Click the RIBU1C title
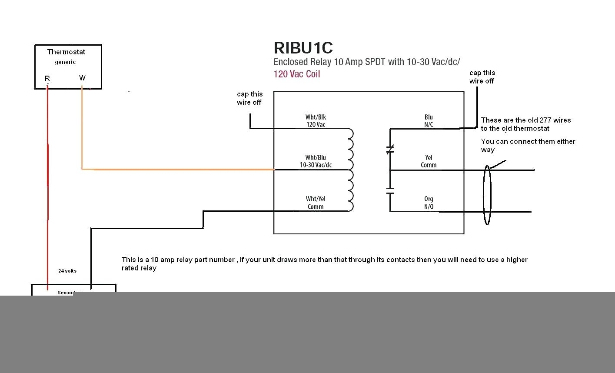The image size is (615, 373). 303,48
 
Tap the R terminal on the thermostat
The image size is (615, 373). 47,79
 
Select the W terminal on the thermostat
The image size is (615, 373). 82,78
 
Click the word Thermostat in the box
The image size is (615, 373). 66,52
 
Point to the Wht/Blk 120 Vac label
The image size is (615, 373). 316,121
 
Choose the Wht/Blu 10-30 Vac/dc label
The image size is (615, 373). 316,161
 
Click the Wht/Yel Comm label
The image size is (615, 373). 316,203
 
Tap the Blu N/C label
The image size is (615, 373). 429,121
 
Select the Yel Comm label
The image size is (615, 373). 429,161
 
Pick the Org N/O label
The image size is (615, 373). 429,203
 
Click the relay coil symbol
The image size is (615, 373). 350,170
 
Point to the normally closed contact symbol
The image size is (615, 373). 390,150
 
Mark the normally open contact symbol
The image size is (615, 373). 390,190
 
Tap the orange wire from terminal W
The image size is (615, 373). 174,169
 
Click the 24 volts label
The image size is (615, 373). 67,271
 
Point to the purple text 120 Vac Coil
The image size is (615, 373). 297,74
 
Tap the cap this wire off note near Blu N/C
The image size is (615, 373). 482,77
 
